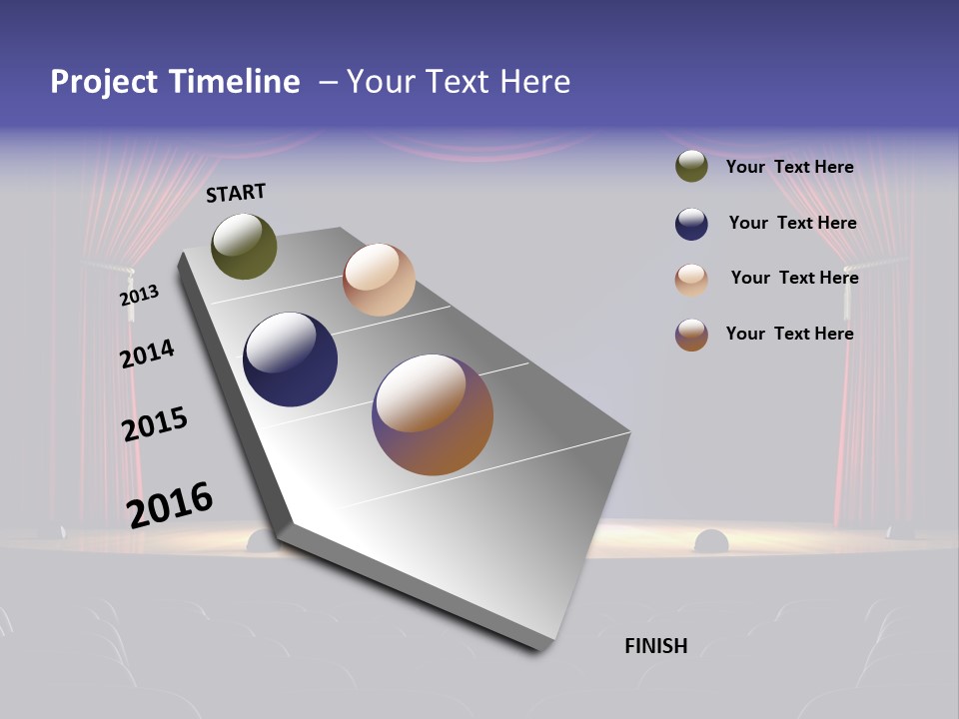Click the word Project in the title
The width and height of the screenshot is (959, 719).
coord(104,82)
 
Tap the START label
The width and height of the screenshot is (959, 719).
coord(236,193)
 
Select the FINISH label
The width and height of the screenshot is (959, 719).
coord(656,646)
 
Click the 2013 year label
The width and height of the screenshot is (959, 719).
coord(139,296)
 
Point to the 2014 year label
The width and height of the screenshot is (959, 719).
coord(147,354)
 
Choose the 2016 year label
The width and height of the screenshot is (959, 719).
coord(170,504)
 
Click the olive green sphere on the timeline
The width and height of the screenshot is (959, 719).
coord(244,246)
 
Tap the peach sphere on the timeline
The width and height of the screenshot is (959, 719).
coord(379,280)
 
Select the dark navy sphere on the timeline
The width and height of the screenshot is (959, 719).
coord(290,359)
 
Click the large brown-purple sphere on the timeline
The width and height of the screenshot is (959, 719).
coord(433,414)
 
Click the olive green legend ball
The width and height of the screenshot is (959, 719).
coord(691,166)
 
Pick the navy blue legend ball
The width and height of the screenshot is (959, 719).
coord(691,224)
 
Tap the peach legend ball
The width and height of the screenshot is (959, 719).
coord(691,280)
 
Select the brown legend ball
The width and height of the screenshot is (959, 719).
coord(691,335)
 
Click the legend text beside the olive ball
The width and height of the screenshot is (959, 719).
coord(789,167)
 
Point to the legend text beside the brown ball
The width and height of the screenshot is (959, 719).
coord(789,334)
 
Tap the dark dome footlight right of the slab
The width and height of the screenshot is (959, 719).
coord(711,542)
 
